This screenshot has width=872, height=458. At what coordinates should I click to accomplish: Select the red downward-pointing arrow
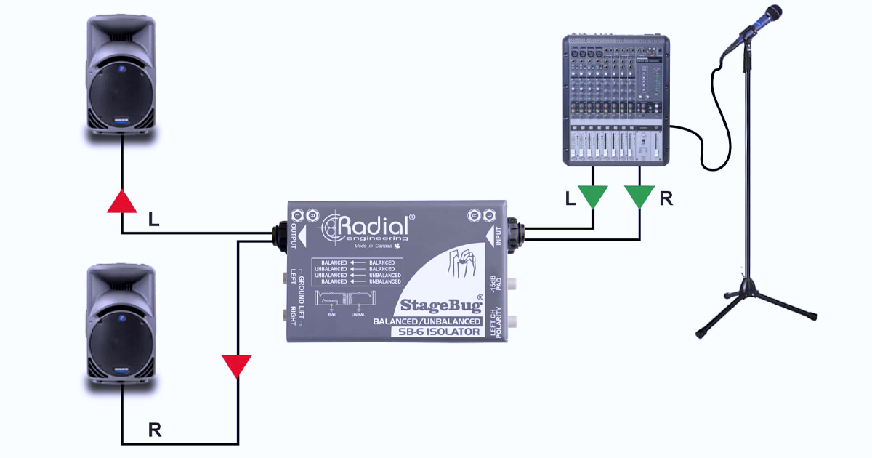pyautogui.click(x=237, y=366)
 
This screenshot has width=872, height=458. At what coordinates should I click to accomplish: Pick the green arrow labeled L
pyautogui.click(x=593, y=197)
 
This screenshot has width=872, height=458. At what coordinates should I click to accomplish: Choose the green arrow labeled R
pyautogui.click(x=639, y=197)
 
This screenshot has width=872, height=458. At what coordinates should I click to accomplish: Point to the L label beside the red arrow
pyautogui.click(x=153, y=219)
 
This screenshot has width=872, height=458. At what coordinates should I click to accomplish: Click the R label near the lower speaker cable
pyautogui.click(x=154, y=430)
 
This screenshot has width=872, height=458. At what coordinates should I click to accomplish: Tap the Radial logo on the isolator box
pyautogui.click(x=371, y=227)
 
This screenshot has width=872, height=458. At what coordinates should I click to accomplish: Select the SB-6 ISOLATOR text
pyautogui.click(x=435, y=332)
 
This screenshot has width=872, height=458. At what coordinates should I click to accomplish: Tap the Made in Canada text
pyautogui.click(x=374, y=246)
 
